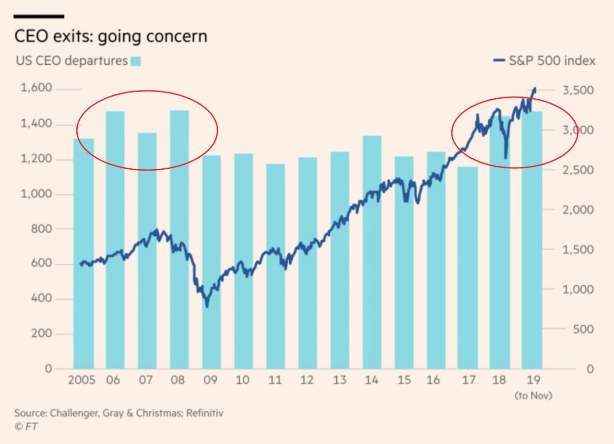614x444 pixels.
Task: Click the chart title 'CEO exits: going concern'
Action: point(111,37)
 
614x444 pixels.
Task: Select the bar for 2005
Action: point(83,254)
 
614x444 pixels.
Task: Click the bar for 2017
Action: point(468,269)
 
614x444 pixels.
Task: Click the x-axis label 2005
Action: point(82,381)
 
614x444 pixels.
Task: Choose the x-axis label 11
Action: point(275,381)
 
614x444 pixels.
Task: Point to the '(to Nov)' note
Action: point(533,396)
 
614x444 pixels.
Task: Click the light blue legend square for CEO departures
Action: point(136,61)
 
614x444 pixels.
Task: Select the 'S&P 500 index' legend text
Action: point(552,61)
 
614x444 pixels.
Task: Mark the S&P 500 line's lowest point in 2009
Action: point(207,306)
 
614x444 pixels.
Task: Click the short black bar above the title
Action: point(39,16)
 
